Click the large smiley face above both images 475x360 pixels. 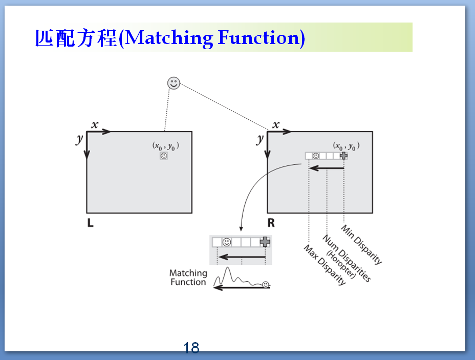(174, 83)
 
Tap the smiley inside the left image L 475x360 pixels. (164, 156)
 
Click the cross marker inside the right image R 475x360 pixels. (343, 156)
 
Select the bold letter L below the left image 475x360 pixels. (90, 223)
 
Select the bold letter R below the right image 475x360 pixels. (271, 223)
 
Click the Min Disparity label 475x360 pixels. (361, 244)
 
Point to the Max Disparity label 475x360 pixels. (325, 265)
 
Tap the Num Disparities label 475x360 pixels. (346, 258)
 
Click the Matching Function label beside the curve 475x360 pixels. (188, 278)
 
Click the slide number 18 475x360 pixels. (191, 348)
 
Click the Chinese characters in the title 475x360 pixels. (76, 38)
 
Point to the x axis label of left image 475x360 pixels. (95, 124)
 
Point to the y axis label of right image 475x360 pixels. (260, 139)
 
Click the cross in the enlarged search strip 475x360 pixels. (265, 242)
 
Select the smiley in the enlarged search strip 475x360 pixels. (227, 242)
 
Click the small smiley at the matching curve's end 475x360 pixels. (266, 285)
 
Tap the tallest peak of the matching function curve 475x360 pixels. (227, 268)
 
